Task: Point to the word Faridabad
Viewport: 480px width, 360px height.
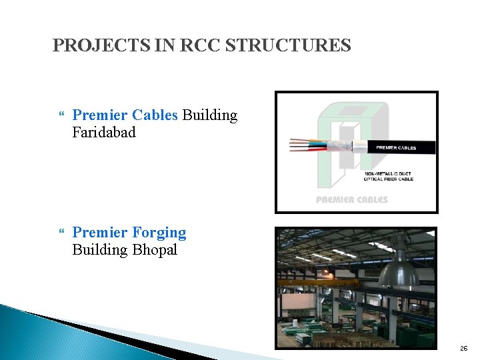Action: [103, 132]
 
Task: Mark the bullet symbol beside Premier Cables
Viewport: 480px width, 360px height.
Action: [63, 116]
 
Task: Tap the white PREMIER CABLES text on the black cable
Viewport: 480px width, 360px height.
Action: [396, 147]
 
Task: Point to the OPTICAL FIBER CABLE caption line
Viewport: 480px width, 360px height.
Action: [389, 179]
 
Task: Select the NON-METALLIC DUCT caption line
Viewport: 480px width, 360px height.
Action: [388, 173]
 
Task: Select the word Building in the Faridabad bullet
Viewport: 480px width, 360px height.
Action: [209, 115]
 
